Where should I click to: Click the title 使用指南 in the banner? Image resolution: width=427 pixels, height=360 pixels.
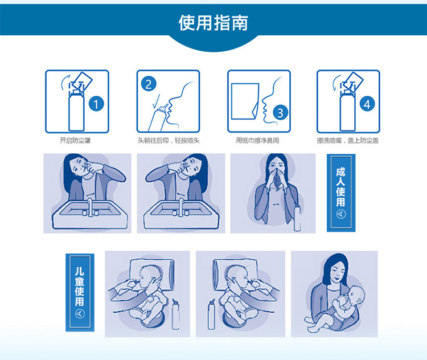coord(213,23)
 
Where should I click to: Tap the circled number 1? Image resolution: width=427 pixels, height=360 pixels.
coord(96,104)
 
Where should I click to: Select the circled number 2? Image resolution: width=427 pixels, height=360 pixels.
coord(149,84)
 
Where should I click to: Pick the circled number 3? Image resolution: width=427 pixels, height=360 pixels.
coord(280,113)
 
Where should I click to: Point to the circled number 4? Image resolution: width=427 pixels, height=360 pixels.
coord(367,104)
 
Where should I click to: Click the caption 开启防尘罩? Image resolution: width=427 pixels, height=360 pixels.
coord(75,140)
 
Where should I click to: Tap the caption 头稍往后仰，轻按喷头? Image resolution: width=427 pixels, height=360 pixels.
coord(169,140)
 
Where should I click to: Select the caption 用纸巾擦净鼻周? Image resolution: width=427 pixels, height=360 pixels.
coord(257,140)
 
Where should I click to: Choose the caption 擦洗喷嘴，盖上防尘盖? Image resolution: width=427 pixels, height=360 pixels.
coord(348,140)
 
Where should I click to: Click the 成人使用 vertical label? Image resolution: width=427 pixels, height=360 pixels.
coord(340,187)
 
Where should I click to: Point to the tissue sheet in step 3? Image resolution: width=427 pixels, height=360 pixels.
coord(245,101)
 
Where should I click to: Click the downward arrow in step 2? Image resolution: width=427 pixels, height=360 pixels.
coord(156,101)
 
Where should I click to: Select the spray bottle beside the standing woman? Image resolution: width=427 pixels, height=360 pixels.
coord(297,218)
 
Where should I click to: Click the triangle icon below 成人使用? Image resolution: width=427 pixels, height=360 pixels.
coord(341,214)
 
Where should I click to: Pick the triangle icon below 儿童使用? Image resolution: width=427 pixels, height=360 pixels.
coord(80,314)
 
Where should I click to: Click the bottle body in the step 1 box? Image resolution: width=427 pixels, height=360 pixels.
coord(76,111)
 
